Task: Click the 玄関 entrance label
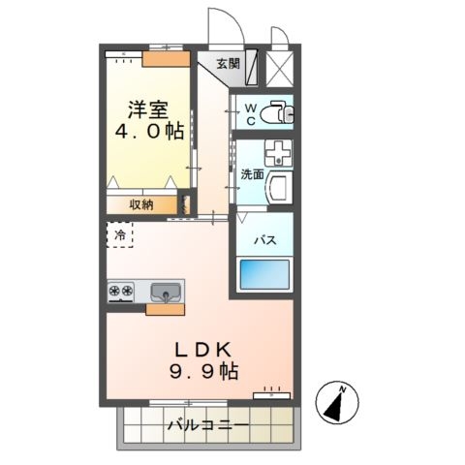tap(227, 65)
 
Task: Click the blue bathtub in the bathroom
tap(262, 273)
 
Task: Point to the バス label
tap(262, 239)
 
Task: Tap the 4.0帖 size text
tap(145, 133)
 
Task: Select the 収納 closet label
tap(141, 204)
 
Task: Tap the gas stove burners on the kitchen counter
tap(123, 290)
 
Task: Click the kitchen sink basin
tap(166, 291)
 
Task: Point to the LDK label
tap(202, 347)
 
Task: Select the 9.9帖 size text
tap(202, 370)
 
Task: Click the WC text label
tap(250, 114)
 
